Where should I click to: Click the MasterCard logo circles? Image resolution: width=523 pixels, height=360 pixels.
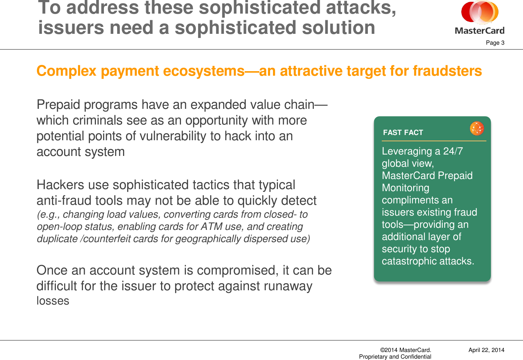[x=480, y=13]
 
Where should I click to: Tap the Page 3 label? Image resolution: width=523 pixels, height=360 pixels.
[x=495, y=43]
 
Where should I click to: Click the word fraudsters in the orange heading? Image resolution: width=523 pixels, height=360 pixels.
[x=447, y=71]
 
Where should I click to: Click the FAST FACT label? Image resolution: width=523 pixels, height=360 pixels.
[x=403, y=133]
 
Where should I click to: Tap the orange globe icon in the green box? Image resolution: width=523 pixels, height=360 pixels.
[x=477, y=128]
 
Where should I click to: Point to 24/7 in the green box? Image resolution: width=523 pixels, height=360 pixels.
[x=453, y=151]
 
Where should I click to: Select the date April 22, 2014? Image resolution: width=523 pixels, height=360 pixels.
[x=486, y=350]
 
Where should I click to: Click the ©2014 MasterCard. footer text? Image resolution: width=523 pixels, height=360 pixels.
[x=405, y=350]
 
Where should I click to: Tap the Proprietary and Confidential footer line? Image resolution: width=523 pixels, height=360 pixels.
[x=395, y=357]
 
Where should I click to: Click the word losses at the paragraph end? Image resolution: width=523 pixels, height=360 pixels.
[x=53, y=301]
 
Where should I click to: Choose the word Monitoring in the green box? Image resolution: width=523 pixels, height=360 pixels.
[x=405, y=188]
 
